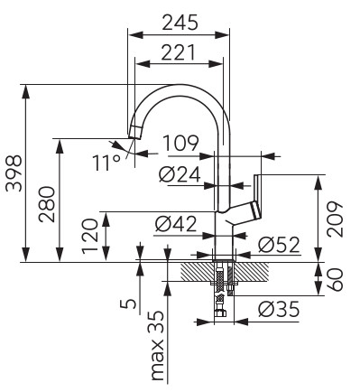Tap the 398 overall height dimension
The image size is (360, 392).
coord(13,173)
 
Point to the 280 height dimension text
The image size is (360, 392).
coord(47,204)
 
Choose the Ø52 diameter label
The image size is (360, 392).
coord(279,244)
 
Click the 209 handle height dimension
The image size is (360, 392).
coord(335,219)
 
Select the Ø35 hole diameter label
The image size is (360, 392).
coord(279,310)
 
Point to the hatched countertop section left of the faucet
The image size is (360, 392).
coord(195,270)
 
